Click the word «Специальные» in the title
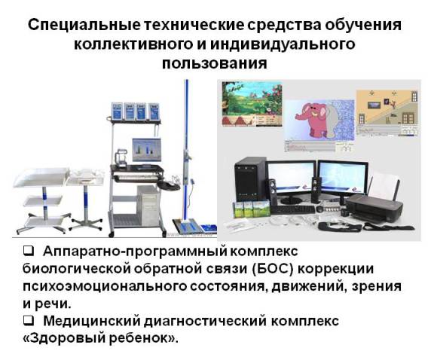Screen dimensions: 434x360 [x=84, y=25]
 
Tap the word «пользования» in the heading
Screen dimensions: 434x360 [x=215, y=63]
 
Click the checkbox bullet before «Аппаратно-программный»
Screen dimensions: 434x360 [x=29, y=252]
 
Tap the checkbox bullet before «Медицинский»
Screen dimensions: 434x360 [x=29, y=321]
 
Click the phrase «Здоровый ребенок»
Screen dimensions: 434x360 [x=100, y=338]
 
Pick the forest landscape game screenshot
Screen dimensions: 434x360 [x=252, y=104]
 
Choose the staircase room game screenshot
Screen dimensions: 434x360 [x=387, y=113]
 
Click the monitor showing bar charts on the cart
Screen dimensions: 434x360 [x=146, y=150]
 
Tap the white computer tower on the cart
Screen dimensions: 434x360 [x=149, y=205]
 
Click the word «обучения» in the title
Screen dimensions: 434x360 [x=363, y=26]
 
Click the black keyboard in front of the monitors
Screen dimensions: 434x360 [x=293, y=209]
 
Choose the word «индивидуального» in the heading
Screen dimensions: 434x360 [x=283, y=44]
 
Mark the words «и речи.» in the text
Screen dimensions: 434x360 [x=47, y=304]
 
